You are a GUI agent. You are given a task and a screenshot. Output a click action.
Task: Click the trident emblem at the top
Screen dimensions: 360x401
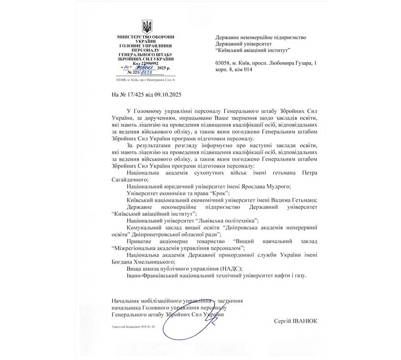[x=146, y=26]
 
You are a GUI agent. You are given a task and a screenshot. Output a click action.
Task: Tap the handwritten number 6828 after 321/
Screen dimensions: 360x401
[x=151, y=72]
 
